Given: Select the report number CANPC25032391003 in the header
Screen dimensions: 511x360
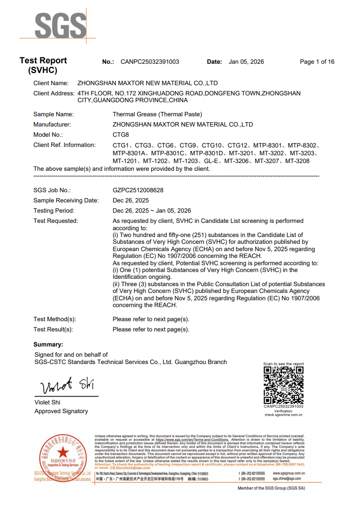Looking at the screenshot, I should [150, 62].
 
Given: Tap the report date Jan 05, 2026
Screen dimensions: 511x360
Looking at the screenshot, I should [246, 62].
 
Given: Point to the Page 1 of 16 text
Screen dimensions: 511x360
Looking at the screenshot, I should [317, 62].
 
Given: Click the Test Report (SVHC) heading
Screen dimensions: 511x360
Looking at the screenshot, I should [43, 65].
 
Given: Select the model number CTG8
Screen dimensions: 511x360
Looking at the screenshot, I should [121, 135].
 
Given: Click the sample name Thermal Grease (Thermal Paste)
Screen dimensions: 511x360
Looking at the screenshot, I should [157, 114].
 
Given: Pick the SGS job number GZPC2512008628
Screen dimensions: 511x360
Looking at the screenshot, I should [138, 190].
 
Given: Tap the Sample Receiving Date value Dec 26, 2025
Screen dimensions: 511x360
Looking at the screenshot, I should [131, 201].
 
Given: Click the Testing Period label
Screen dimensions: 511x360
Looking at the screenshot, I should [54, 211].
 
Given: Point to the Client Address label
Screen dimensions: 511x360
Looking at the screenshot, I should [54, 93].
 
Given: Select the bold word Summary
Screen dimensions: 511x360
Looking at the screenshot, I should [48, 345].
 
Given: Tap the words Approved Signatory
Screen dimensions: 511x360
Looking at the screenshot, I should [61, 411].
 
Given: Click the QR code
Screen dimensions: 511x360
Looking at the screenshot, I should [283, 384].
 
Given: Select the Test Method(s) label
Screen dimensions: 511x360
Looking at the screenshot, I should [55, 319].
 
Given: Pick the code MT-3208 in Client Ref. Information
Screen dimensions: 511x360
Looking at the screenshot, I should [297, 161].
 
